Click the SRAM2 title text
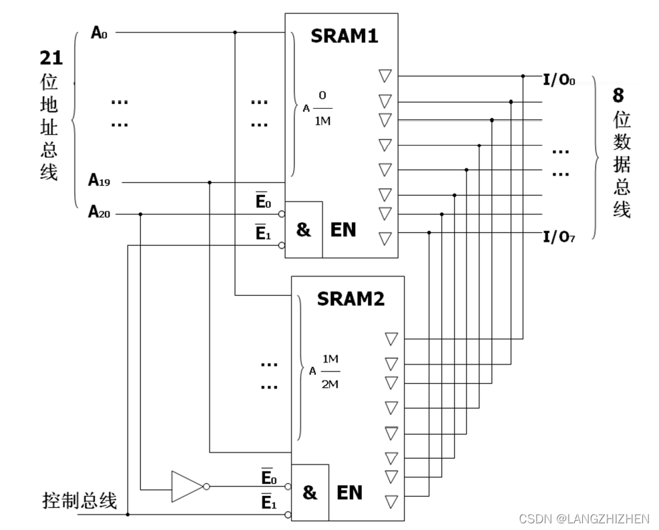click(x=351, y=298)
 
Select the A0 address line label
click(x=99, y=32)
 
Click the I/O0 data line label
click(x=559, y=81)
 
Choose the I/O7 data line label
click(x=559, y=237)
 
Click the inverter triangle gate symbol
click(x=186, y=486)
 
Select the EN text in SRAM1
click(x=343, y=230)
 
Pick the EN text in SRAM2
click(x=349, y=493)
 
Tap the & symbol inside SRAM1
click(x=303, y=230)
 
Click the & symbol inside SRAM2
click(x=309, y=493)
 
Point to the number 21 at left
click(x=51, y=58)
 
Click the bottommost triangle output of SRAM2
click(x=391, y=501)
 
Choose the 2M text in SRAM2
click(x=330, y=384)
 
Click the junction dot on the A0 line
click(x=235, y=32)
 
